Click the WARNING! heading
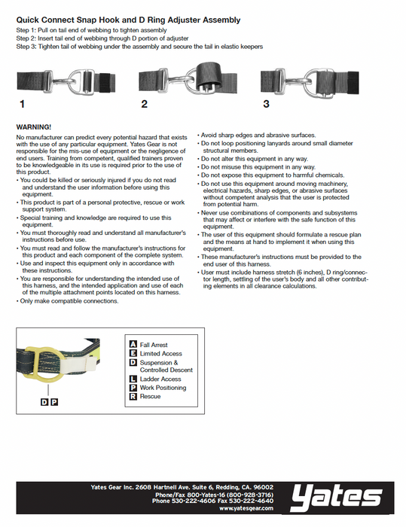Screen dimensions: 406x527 pos(34,127)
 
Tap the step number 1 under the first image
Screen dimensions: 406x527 pos(22,104)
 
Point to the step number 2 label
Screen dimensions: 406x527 pos(145,104)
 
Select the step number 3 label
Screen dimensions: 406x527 pos(266,104)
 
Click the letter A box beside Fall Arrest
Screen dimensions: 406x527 pos(133,344)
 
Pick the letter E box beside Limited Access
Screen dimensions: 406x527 pos(133,353)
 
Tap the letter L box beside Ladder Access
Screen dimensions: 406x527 pos(133,379)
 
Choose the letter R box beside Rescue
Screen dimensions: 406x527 pos(133,396)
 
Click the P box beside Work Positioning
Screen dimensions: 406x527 pos(133,388)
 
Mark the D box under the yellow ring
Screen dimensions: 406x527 pos(44,401)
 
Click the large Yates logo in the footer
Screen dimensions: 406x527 pos(337,498)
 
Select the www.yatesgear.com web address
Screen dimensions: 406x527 pos(246,508)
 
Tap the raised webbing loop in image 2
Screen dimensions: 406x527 pos(209,75)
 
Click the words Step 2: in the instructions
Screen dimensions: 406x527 pos(26,38)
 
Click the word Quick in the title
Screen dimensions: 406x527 pos(29,20)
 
